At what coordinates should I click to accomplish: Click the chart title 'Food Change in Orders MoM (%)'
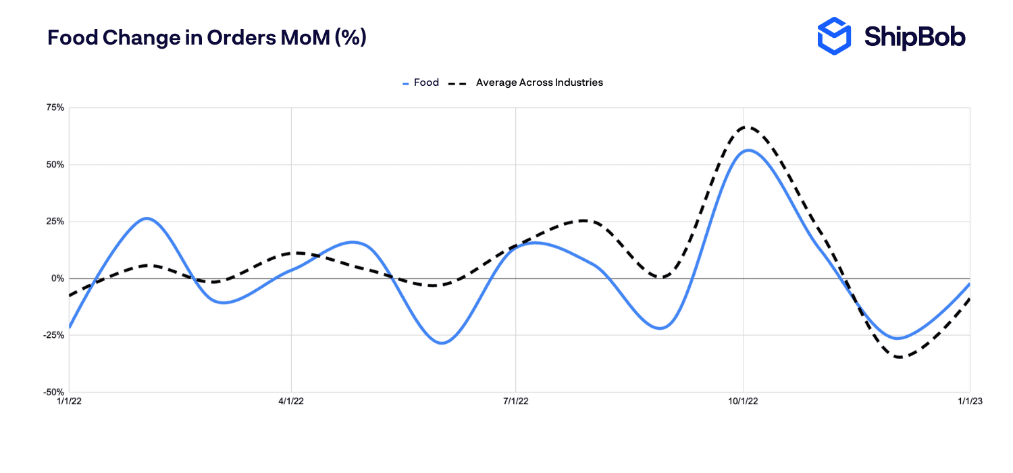(x=207, y=38)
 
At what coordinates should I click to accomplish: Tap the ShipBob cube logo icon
(x=835, y=36)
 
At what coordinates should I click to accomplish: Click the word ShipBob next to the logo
(x=914, y=37)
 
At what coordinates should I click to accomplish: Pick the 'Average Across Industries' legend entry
(x=538, y=82)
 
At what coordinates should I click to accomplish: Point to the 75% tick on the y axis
(x=55, y=108)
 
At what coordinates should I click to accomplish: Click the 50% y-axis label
(x=55, y=165)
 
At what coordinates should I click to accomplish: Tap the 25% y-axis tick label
(x=55, y=222)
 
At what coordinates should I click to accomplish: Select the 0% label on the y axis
(x=57, y=278)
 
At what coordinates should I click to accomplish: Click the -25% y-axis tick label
(x=53, y=335)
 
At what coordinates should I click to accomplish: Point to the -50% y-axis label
(x=53, y=392)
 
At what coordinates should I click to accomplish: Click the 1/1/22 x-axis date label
(x=70, y=401)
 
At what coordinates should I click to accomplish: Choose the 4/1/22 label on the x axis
(x=291, y=401)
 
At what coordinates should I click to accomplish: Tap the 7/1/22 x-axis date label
(x=516, y=401)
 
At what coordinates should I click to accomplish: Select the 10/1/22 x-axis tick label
(x=743, y=401)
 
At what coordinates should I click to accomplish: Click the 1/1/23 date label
(x=970, y=401)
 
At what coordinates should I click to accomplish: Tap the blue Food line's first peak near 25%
(x=147, y=218)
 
